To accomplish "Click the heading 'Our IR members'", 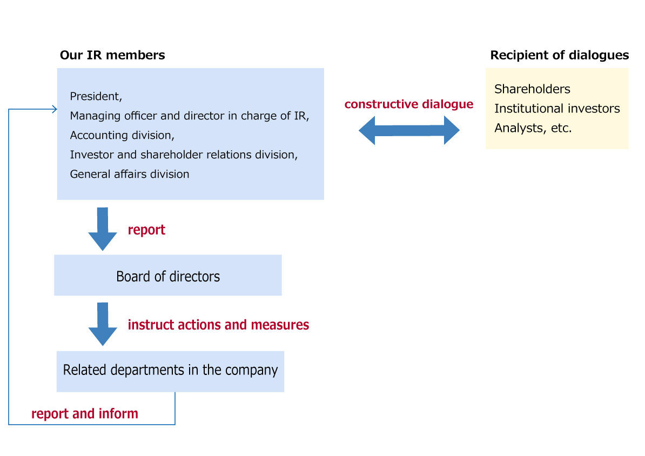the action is coord(112,55).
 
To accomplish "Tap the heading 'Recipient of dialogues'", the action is coord(560,55).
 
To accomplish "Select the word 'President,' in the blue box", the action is coord(96,96).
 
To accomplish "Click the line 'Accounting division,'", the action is coord(122,135).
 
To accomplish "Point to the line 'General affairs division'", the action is coord(130,174).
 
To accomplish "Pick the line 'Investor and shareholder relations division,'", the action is coord(184,155).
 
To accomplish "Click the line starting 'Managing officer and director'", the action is coord(190,116).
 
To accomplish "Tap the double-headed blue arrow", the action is coord(409,130).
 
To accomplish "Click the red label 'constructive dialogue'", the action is coord(409,104).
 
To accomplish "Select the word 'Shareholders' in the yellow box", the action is coord(532,89).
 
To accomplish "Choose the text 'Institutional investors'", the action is coord(557,108).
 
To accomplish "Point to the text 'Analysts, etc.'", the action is coord(533,128).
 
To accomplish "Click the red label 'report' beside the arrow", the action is coord(146,230).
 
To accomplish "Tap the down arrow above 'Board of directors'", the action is coord(103,229).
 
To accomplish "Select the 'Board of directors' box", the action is coord(168,276).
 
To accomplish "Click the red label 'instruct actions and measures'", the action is coord(218,325).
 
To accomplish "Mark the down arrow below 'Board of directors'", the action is coord(103,324).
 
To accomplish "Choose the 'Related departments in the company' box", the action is coord(170,372).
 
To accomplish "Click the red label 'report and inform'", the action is coord(85,414).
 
